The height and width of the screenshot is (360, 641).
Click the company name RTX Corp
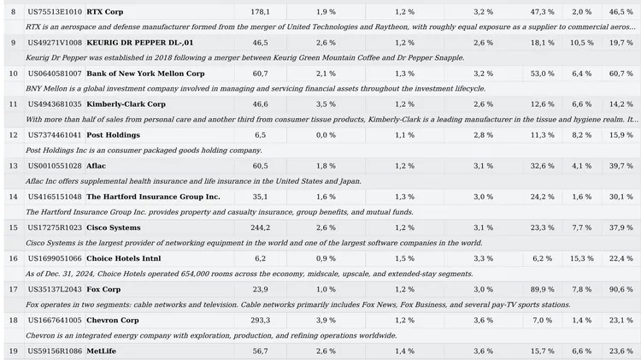(x=104, y=12)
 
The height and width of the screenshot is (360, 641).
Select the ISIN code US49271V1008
(x=55, y=43)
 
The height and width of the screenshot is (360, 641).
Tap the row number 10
(x=13, y=74)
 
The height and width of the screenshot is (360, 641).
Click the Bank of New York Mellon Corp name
(x=145, y=74)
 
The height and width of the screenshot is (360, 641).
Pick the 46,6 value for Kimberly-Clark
(x=260, y=104)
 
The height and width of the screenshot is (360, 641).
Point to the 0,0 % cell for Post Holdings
(x=326, y=135)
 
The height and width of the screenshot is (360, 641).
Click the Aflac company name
(x=96, y=166)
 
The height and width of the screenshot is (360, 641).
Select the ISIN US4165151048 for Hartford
(x=55, y=197)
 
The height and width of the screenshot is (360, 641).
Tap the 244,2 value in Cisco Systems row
(x=260, y=227)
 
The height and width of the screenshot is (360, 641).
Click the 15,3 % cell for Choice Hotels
(x=581, y=258)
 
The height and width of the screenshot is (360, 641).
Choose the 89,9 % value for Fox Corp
(x=542, y=289)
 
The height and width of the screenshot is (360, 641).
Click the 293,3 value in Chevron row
(x=260, y=321)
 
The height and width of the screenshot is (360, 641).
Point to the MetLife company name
(x=101, y=351)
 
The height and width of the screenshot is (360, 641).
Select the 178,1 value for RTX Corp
(x=260, y=12)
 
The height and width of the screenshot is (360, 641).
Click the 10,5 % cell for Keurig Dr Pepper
(x=581, y=43)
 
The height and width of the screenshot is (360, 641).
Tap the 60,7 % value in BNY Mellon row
(x=621, y=74)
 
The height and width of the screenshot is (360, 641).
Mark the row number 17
(x=13, y=289)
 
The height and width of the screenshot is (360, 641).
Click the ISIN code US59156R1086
(x=55, y=351)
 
